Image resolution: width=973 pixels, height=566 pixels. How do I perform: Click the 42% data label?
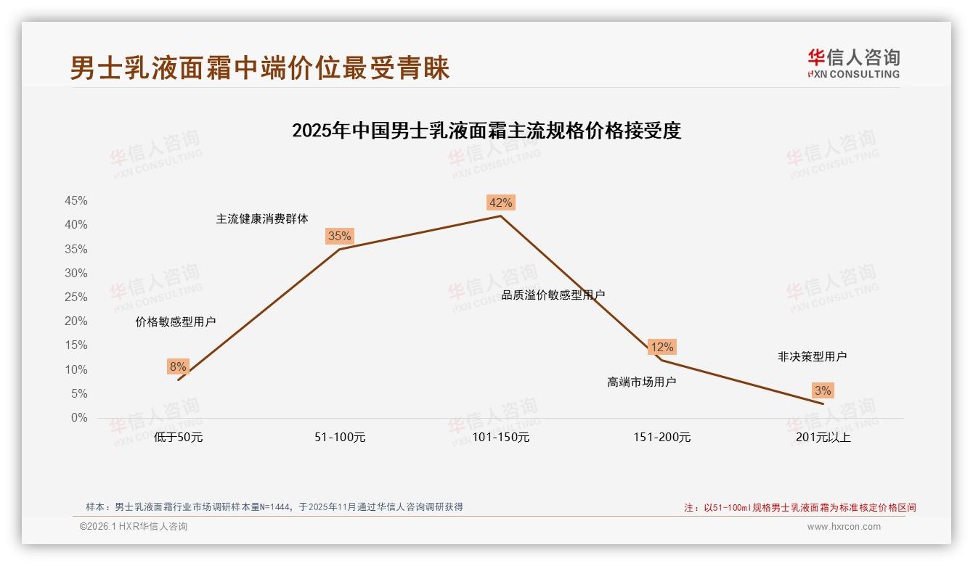pos(500,202)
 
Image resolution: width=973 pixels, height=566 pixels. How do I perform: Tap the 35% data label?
pos(339,236)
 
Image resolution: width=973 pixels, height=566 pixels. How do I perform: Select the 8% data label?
pos(178,366)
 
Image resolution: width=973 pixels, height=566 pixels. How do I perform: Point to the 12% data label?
pos(661,347)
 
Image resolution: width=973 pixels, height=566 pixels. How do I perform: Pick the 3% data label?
pos(822,390)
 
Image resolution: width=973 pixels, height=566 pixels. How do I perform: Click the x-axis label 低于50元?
pos(178,438)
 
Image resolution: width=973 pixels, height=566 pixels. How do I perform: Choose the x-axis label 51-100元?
pos(340,438)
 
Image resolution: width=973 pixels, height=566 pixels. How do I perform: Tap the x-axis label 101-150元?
pos(501,438)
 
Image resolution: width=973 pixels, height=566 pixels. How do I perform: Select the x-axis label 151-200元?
pos(661,438)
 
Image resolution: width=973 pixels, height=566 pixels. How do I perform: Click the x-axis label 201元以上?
pos(823,438)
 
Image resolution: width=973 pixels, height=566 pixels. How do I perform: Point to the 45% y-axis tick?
pos(76,201)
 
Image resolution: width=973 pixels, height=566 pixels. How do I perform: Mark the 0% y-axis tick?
pos(79,418)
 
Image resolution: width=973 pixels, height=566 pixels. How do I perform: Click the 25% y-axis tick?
pos(76,298)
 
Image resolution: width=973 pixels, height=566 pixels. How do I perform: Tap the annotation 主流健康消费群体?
pos(262,218)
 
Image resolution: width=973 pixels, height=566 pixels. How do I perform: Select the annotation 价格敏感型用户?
pos(176,321)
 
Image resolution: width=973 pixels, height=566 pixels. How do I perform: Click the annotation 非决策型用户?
pos(812,356)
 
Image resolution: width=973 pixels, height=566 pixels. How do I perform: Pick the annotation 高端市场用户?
pos(641,382)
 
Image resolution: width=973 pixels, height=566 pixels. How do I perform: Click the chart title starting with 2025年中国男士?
pos(486,131)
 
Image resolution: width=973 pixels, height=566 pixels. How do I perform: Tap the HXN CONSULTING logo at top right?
pos(853,64)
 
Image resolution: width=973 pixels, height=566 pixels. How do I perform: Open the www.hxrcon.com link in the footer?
pos(844,527)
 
